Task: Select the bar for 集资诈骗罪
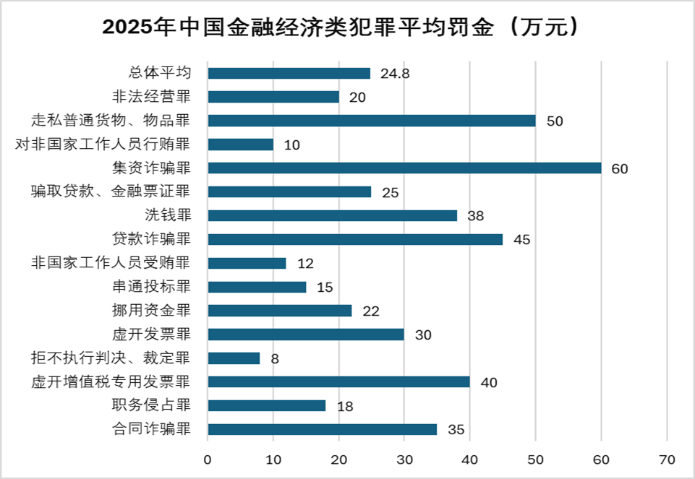[404, 168]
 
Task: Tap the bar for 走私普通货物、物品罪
[372, 121]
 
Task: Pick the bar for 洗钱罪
[332, 215]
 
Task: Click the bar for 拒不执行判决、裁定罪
[234, 358]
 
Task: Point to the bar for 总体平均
[289, 73]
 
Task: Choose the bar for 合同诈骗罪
[322, 429]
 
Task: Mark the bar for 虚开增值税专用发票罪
[338, 381]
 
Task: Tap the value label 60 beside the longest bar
[619, 169]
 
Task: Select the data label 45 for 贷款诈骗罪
[521, 240]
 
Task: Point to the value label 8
[275, 359]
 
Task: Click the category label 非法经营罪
[151, 97]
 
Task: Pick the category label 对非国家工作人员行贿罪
[103, 144]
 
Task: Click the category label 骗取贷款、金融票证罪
[111, 192]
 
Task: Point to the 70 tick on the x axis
[667, 459]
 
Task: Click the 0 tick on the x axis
[208, 459]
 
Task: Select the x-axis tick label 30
[404, 459]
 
